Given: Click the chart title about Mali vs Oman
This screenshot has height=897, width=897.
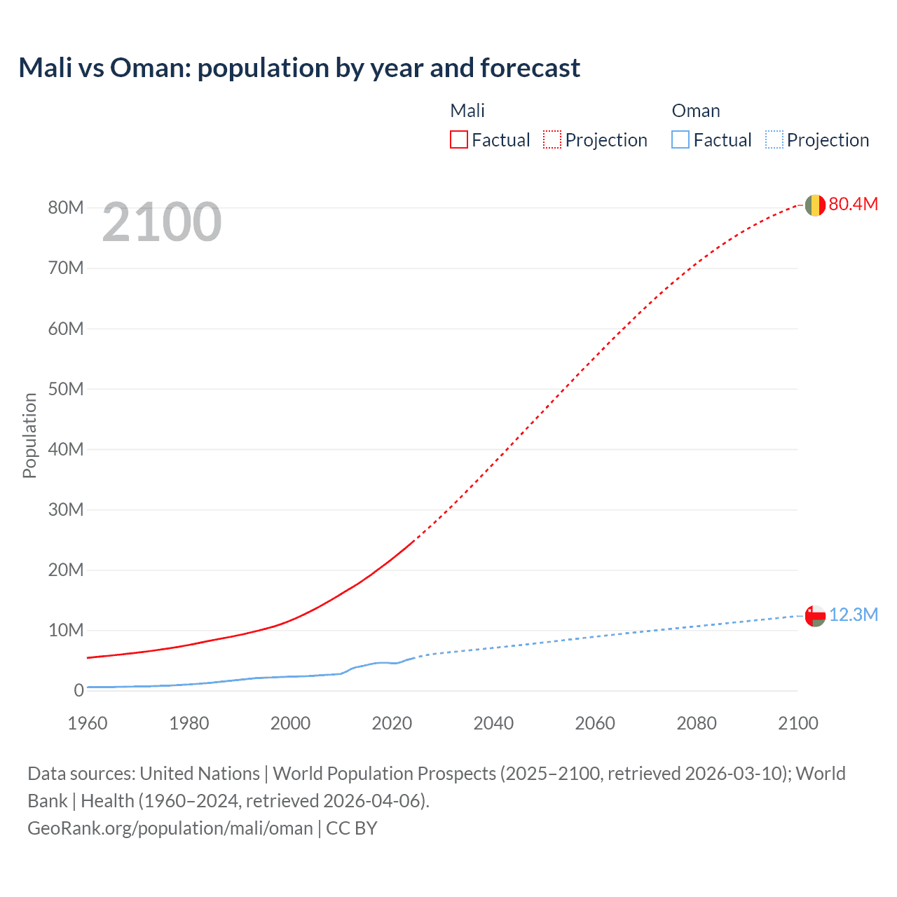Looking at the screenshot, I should point(299,68).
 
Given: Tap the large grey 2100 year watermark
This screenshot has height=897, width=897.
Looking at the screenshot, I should point(162,222).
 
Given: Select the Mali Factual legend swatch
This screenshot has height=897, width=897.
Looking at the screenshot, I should point(458,140).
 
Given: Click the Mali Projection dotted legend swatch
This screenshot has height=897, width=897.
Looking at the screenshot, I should point(552,140).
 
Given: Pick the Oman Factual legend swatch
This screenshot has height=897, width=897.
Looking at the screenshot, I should point(680,140).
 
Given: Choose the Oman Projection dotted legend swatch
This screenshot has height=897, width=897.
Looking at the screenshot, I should point(774,140).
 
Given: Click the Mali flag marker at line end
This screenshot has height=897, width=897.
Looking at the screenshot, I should point(815,205).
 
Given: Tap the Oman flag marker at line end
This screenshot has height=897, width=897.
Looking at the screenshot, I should point(815,615).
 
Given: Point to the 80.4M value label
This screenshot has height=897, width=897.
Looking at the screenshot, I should point(853,204).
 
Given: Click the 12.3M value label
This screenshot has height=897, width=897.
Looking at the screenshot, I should point(853,615).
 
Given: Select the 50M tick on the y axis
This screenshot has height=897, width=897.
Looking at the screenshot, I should point(66,389).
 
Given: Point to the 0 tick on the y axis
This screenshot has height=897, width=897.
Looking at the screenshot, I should point(78,690).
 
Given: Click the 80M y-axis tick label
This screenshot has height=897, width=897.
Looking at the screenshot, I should point(66,207).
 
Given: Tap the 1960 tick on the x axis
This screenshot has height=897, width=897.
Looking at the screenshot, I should point(88,723).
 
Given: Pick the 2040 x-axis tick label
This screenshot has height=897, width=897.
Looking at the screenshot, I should point(493,723).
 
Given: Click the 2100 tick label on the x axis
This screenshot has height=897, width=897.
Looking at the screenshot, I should point(797,723).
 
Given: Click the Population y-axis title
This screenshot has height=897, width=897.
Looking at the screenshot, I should point(29,435).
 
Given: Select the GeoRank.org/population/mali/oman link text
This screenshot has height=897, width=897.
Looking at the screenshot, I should point(170,828).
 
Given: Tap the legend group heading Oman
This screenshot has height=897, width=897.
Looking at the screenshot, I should point(695,111).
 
